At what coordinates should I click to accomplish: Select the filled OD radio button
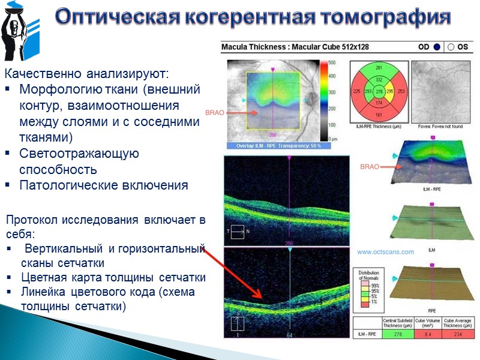click(437, 47)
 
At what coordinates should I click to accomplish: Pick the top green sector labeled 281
click(379, 68)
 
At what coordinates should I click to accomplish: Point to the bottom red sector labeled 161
click(379, 114)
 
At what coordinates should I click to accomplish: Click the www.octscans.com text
click(385, 253)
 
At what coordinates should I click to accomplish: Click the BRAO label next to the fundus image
click(215, 112)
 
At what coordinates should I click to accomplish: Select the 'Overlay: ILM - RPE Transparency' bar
click(274, 146)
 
